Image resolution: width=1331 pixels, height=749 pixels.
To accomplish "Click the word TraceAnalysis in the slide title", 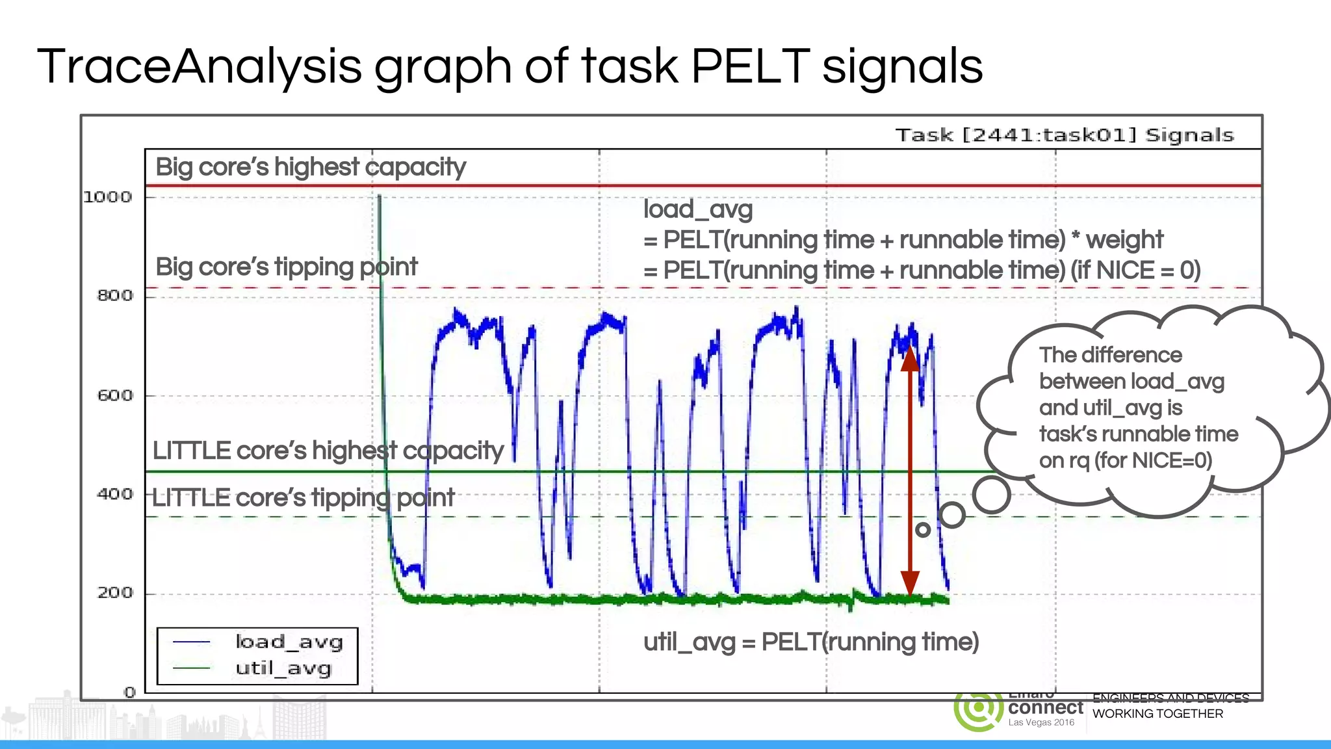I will pyautogui.click(x=199, y=66).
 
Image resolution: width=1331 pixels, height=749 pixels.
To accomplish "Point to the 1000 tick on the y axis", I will pyautogui.click(x=108, y=197).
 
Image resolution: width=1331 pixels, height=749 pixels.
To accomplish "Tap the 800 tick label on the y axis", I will pyautogui.click(x=115, y=296).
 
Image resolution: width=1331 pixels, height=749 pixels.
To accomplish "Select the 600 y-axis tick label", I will pyautogui.click(x=115, y=395).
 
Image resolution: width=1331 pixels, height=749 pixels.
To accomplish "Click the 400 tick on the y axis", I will pyautogui.click(x=115, y=494).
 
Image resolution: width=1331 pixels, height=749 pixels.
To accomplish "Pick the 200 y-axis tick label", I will pyautogui.click(x=115, y=593).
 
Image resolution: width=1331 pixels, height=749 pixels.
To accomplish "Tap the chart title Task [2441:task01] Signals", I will pyautogui.click(x=1064, y=135).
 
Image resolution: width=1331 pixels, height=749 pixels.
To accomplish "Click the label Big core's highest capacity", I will pyautogui.click(x=311, y=167).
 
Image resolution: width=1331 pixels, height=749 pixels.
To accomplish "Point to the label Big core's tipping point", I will pyautogui.click(x=287, y=267).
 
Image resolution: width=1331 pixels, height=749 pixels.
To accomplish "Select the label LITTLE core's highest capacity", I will pyautogui.click(x=328, y=451).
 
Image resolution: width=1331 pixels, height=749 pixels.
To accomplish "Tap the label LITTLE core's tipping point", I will pyautogui.click(x=304, y=498).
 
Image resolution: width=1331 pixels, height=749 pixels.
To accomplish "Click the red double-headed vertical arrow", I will pyautogui.click(x=910, y=471).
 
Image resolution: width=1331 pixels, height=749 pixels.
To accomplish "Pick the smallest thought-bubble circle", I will pyautogui.click(x=923, y=530).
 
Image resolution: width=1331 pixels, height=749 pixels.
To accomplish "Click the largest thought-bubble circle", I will pyautogui.click(x=992, y=495).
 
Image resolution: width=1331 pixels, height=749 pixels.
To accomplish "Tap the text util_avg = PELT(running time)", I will pyautogui.click(x=811, y=642).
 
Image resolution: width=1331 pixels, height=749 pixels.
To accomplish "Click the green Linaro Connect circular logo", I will pyautogui.click(x=977, y=710).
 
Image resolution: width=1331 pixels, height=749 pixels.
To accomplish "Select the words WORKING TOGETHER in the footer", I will pyautogui.click(x=1157, y=714).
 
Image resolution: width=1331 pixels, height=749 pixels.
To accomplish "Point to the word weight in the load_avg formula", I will pyautogui.click(x=1124, y=240).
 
